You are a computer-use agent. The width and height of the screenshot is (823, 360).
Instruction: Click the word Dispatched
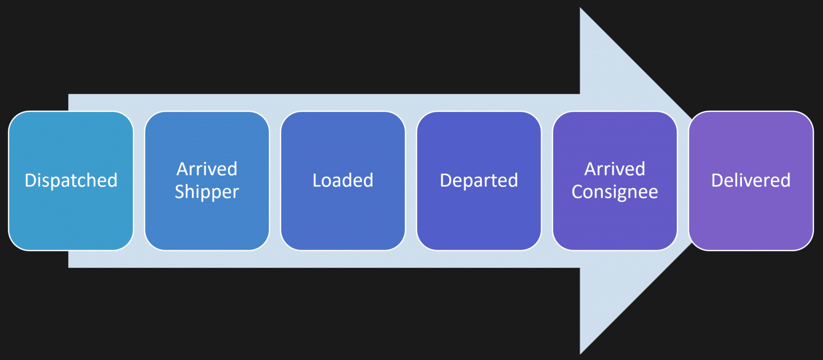(x=71, y=180)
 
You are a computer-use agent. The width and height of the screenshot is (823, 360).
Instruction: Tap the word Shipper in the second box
(x=207, y=192)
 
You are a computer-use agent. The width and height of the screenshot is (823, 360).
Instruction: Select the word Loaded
(x=343, y=180)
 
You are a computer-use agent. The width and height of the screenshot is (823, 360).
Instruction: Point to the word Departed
(x=479, y=181)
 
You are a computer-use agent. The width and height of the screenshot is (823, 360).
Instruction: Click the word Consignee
(x=614, y=192)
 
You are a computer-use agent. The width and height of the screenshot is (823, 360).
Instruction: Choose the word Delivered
(x=751, y=180)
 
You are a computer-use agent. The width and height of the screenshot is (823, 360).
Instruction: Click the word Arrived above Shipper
(x=207, y=169)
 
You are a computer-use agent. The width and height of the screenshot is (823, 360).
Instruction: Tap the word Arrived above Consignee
(x=614, y=169)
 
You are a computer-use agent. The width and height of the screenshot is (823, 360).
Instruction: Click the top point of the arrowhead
(x=580, y=8)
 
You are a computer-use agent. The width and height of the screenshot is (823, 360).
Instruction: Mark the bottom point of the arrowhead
(x=580, y=354)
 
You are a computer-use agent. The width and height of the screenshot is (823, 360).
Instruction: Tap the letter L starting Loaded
(x=317, y=180)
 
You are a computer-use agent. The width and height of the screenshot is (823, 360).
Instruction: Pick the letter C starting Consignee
(x=578, y=191)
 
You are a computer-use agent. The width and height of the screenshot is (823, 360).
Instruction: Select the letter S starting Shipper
(x=180, y=191)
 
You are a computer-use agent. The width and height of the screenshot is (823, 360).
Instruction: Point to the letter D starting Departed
(x=446, y=180)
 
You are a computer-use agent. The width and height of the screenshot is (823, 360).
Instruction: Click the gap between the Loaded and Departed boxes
(x=411, y=181)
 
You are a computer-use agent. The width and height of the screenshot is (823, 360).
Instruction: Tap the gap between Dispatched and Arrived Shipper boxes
(x=139, y=181)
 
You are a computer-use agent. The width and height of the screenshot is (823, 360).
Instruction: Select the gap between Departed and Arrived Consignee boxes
(x=547, y=181)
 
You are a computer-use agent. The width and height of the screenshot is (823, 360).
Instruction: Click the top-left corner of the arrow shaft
(x=69, y=95)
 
